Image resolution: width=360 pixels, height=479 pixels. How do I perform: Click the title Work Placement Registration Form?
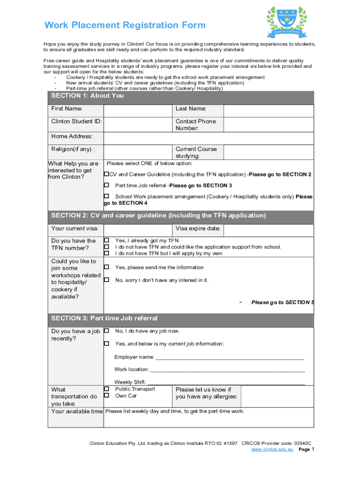125,25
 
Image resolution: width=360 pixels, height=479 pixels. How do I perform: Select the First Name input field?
138,110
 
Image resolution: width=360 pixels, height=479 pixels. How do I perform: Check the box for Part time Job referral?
106,185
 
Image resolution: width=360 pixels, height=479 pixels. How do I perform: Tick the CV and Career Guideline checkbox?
106,174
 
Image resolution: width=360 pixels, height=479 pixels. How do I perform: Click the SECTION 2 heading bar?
181,216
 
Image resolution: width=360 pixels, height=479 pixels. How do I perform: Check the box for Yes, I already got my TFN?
106,240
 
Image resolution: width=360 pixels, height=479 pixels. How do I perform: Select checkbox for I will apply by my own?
106,253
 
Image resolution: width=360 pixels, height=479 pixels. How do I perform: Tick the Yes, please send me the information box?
106,267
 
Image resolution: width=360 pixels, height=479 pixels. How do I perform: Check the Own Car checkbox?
106,396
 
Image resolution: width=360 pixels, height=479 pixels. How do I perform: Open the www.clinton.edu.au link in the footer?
272,450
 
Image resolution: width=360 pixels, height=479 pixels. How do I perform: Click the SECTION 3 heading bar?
181,319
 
